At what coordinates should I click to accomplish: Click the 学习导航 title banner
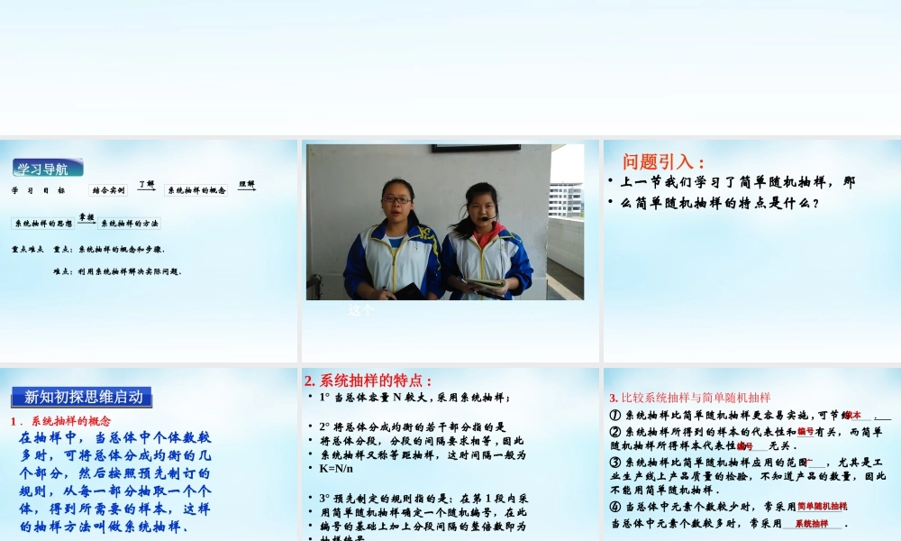point(48,168)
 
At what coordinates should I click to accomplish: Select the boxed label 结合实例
point(108,190)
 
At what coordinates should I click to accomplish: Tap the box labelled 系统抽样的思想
point(43,224)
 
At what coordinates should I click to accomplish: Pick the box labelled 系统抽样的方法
point(129,224)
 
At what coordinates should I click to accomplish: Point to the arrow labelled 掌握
point(86,219)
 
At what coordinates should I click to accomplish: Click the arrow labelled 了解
point(146,186)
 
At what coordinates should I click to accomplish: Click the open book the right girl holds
point(487,285)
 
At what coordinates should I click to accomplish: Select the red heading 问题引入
point(663,162)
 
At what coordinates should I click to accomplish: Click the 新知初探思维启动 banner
point(83,397)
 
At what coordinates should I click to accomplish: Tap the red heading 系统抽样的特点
point(369,381)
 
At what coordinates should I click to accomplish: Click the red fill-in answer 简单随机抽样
point(822,507)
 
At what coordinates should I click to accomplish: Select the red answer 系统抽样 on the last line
point(811,523)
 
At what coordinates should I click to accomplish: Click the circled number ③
point(614,462)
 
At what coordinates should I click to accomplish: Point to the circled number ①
point(614,416)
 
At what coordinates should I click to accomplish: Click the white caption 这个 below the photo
point(359,311)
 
